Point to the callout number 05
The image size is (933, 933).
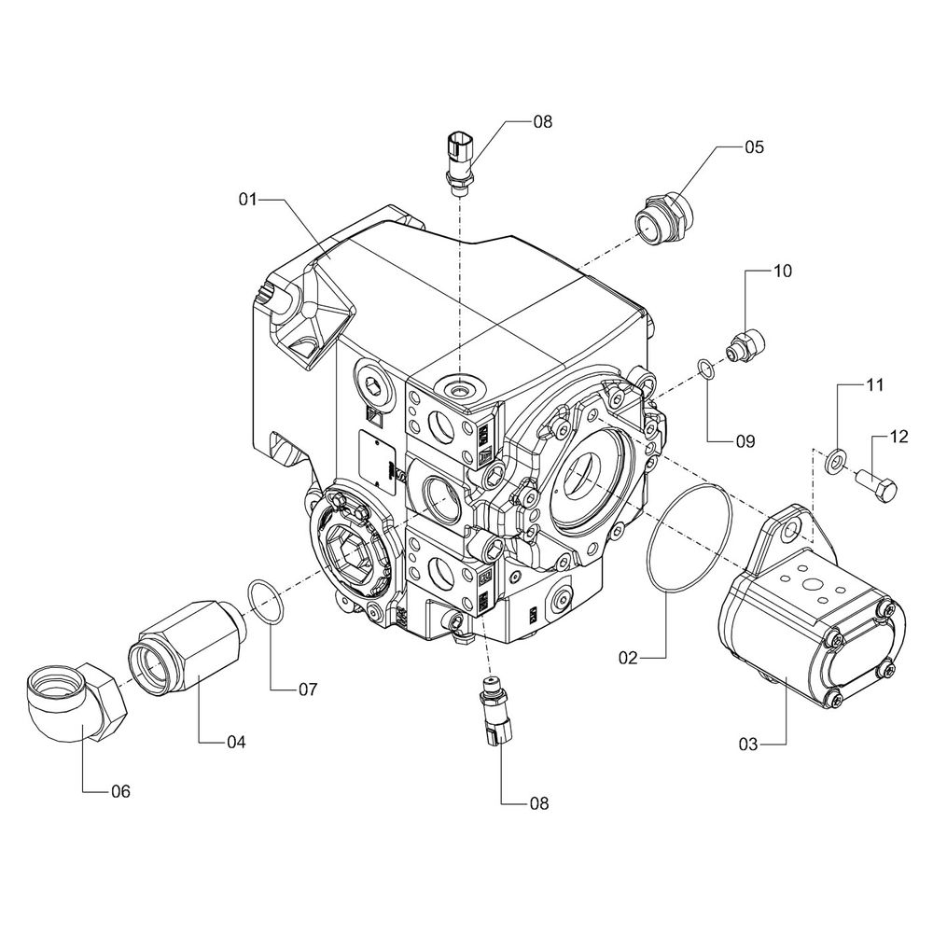pyautogui.click(x=754, y=146)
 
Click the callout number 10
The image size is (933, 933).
pyautogui.click(x=781, y=272)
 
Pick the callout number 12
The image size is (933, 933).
pyautogui.click(x=898, y=436)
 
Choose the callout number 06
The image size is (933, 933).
pyautogui.click(x=120, y=791)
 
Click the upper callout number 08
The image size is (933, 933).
pyautogui.click(x=542, y=121)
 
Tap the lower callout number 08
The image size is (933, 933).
pyautogui.click(x=538, y=802)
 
